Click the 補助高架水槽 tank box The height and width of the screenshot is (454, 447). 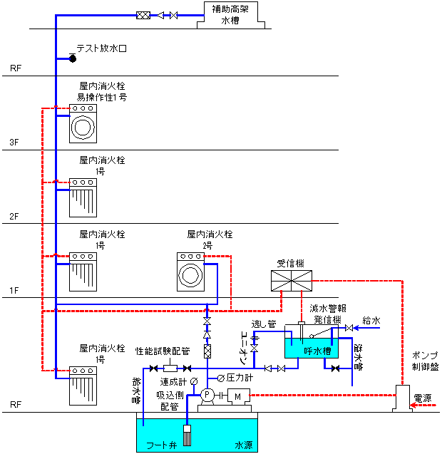click(x=230, y=15)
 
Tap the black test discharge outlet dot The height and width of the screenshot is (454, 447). click(x=73, y=58)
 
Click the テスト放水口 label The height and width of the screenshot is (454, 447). click(x=102, y=48)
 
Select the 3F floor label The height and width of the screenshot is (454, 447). click(x=14, y=142)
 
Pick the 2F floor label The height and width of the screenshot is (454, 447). click(x=14, y=216)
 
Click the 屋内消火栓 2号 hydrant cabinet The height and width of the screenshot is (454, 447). click(x=190, y=272)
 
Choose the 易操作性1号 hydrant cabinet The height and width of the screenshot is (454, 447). click(x=83, y=123)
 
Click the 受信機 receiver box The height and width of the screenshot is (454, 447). click(x=292, y=281)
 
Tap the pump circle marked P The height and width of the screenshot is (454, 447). click(x=207, y=395)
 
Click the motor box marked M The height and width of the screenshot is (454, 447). click(x=238, y=396)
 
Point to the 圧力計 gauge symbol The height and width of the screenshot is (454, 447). click(x=221, y=378)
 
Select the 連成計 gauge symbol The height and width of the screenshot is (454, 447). click(x=194, y=381)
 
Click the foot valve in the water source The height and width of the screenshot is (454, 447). click(x=187, y=435)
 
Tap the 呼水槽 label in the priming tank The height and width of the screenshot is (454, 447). click(x=317, y=351)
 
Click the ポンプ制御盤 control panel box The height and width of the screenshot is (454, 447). click(x=402, y=398)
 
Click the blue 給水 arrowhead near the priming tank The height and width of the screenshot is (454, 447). click(x=356, y=328)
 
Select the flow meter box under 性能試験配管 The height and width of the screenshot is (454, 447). click(x=170, y=368)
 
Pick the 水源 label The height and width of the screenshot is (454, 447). click(x=244, y=445)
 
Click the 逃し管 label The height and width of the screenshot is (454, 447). click(x=264, y=324)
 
